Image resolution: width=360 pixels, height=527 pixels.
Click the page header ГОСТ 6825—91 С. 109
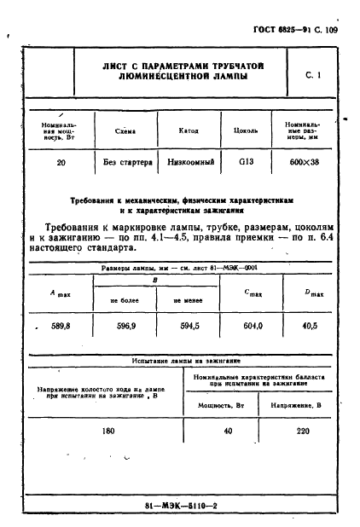295,29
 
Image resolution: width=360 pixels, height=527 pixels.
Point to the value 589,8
60,325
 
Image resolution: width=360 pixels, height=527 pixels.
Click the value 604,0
253,325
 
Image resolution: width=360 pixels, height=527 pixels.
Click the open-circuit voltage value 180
107,431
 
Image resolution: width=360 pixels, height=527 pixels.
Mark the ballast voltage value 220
302,431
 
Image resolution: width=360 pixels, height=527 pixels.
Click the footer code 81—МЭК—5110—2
181,506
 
